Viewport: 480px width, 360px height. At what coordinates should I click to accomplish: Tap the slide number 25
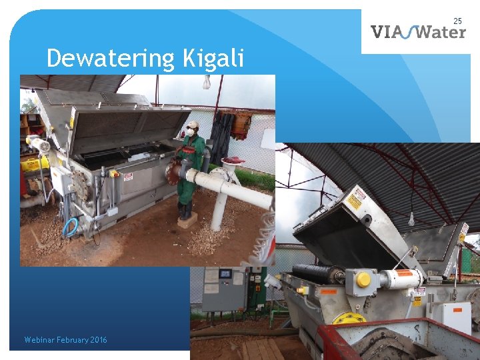point(457,21)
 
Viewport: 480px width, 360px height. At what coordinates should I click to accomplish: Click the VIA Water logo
point(418,31)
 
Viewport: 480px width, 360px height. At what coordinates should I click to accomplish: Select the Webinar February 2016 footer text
point(65,340)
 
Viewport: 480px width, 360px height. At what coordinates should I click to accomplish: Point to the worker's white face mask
point(190,133)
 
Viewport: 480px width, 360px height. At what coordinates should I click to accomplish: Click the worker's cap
point(193,125)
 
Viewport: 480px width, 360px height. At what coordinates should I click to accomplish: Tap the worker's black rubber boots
point(186,211)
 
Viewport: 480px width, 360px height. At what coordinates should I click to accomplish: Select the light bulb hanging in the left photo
point(207,83)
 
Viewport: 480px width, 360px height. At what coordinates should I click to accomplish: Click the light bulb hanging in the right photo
point(411,219)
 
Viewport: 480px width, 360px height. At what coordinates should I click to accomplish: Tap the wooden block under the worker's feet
point(187,221)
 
